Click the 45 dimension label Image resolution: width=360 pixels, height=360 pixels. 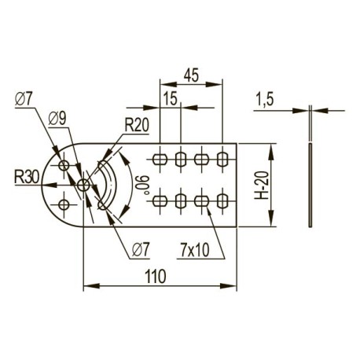[x=191, y=75]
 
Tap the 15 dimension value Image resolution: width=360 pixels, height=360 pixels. [x=171, y=99]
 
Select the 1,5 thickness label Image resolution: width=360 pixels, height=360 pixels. [x=264, y=100]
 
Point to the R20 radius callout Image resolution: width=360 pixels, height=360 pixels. [x=137, y=125]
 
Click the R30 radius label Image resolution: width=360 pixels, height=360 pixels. [x=27, y=177]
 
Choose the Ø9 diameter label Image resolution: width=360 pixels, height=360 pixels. [x=57, y=119]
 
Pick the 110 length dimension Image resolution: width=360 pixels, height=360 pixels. [x=156, y=276]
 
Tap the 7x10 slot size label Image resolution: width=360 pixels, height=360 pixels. [x=195, y=250]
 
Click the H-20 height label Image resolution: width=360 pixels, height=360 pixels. [x=262, y=185]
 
